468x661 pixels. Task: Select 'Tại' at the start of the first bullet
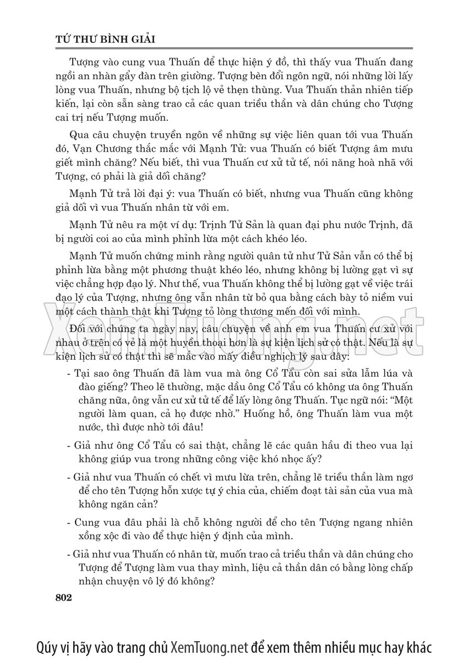click(84, 374)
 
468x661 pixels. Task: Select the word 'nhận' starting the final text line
click(88, 580)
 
